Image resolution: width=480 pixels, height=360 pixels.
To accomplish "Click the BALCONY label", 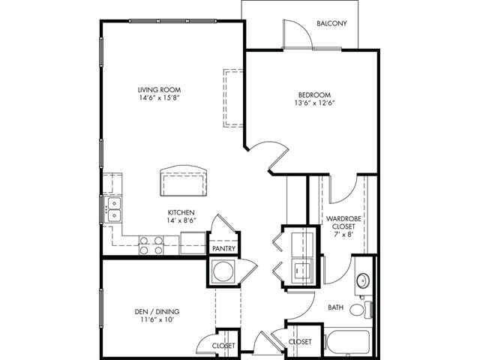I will click(x=331, y=23).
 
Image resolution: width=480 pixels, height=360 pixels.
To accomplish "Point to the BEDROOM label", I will click(x=314, y=94).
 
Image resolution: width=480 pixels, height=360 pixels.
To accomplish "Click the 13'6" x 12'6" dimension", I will click(x=314, y=104).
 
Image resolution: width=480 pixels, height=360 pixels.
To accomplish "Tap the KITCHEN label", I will click(x=182, y=211).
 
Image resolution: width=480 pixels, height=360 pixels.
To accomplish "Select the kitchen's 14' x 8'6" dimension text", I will click(x=182, y=222).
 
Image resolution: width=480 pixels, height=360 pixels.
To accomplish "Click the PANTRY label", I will click(x=224, y=249).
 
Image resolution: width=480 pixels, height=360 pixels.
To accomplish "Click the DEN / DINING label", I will click(x=154, y=311).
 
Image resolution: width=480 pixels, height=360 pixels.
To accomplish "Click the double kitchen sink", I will click(x=114, y=209).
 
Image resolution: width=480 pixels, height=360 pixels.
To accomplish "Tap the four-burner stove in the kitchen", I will click(x=152, y=246).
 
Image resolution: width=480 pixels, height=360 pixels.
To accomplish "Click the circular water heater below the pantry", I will click(x=223, y=272).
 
